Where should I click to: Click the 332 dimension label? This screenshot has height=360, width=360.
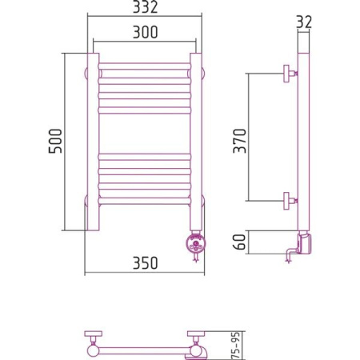tap(146, 7)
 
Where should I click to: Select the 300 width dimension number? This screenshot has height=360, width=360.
tap(146, 32)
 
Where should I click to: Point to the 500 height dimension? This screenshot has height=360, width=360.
tap(55, 141)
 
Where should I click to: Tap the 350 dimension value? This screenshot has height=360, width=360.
tap(146, 263)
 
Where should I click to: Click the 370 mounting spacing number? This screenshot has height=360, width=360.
tap(240, 141)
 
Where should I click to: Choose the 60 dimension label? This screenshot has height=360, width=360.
tap(239, 242)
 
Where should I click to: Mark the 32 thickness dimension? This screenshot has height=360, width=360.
tap(304, 22)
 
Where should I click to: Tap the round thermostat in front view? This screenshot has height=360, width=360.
tap(196, 242)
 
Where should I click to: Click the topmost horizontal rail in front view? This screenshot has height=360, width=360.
tap(145, 66)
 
